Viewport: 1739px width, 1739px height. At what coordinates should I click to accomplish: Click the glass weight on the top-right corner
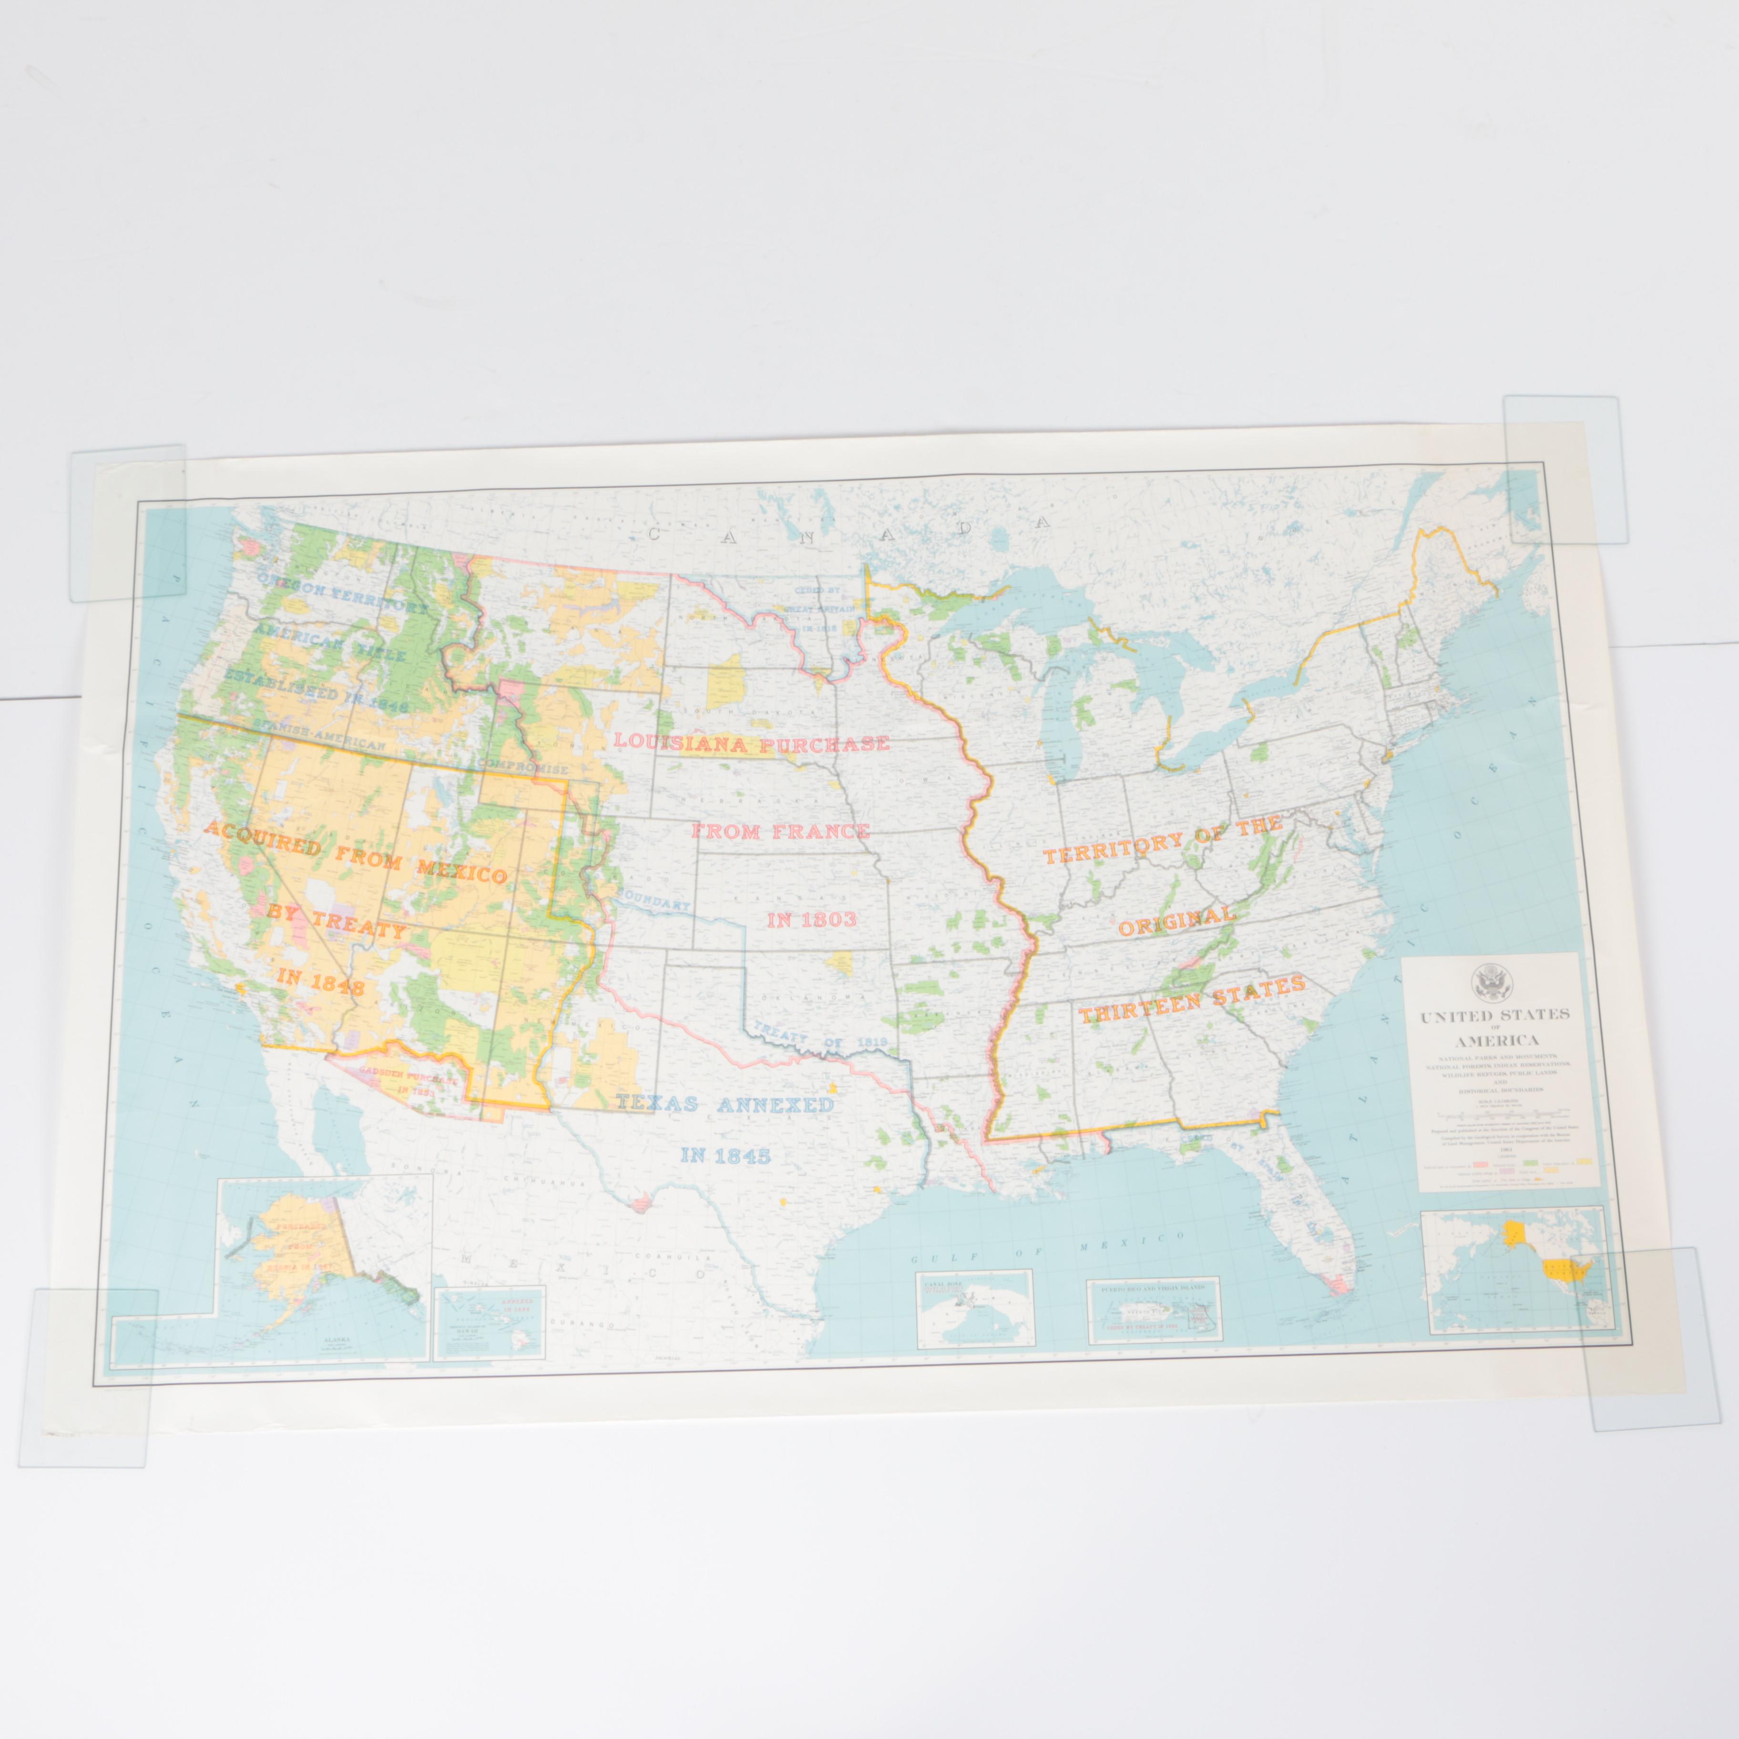pos(1565,468)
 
